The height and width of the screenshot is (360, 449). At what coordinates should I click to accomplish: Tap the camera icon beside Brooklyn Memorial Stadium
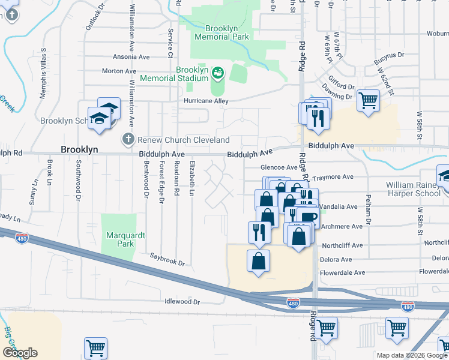pos(218,73)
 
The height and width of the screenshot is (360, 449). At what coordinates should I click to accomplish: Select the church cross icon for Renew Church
pos(127,140)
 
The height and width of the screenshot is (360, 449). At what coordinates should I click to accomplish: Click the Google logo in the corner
pos(20,352)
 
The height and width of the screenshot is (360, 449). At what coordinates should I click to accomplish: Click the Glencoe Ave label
pos(279,168)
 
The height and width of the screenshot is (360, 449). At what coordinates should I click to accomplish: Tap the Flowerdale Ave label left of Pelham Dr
pos(342,272)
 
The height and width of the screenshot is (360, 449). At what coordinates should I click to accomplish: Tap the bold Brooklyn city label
pos(79,149)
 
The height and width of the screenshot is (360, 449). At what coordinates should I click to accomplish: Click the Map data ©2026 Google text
pos(411,355)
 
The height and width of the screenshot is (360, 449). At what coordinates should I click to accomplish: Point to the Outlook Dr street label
pos(91,22)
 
